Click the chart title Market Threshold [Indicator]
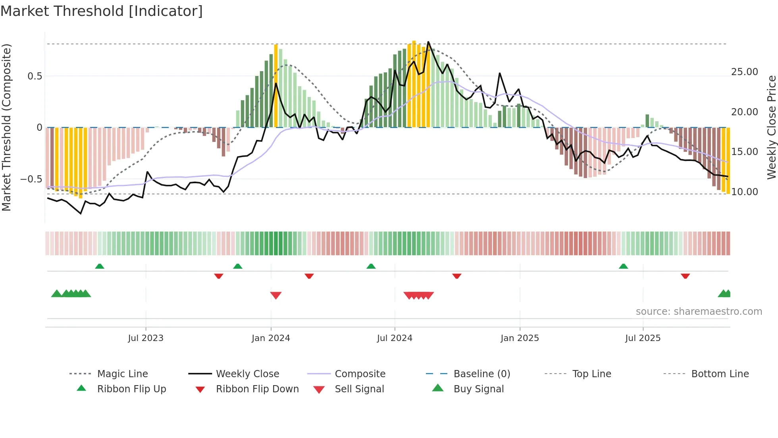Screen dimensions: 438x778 102,11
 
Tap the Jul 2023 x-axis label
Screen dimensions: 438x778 146,338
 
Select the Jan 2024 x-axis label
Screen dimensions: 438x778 271,338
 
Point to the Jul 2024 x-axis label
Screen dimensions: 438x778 395,338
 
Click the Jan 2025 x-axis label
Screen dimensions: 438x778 520,338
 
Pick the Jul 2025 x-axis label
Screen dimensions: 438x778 643,338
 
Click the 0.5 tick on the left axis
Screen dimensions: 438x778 35,76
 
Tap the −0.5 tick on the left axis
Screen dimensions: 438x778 31,179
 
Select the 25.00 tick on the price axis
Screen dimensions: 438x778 744,72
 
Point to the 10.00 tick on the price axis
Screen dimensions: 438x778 744,192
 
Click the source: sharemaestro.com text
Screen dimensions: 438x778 699,312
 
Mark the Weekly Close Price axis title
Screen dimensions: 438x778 771,127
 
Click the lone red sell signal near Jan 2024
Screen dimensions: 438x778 276,295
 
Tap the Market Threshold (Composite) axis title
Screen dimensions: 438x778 6,127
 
